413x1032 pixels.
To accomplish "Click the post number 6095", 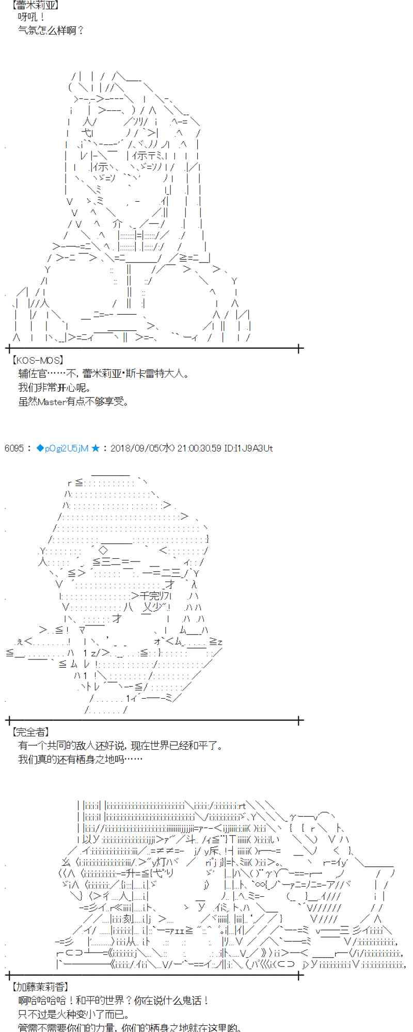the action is click(x=13, y=448).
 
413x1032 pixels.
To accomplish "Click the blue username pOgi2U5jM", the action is click(x=66, y=448).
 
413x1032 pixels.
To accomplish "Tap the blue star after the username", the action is click(x=96, y=448).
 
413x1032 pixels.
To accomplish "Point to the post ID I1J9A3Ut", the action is click(x=248, y=448).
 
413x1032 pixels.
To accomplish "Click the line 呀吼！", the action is click(x=32, y=18).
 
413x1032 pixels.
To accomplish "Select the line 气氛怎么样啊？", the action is click(x=51, y=30).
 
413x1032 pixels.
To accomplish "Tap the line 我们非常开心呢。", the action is click(x=54, y=388).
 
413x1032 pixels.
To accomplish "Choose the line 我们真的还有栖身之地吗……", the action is click(x=80, y=759).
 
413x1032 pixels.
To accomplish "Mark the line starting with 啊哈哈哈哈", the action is click(x=114, y=1001).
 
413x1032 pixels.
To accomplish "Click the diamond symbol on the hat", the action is click(x=103, y=550).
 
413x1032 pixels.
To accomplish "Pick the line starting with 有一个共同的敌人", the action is click(x=120, y=746).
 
